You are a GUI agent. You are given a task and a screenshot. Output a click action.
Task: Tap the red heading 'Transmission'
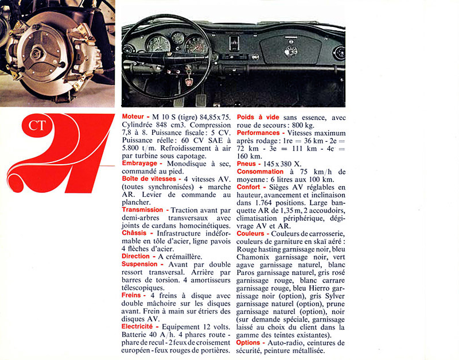coord(142,210)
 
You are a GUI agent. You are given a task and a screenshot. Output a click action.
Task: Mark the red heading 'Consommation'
coord(260,171)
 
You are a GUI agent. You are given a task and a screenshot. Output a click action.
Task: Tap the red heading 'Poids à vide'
coord(258,117)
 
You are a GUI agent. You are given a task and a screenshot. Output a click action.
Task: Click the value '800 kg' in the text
coord(301,125)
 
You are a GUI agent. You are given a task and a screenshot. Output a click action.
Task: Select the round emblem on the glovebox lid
coord(291,51)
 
